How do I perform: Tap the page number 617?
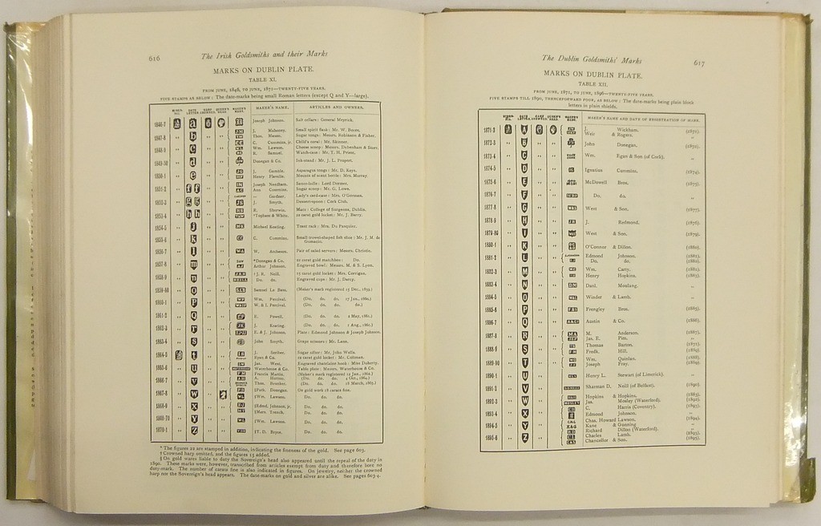(x=698, y=63)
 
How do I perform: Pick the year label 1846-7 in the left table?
(x=160, y=123)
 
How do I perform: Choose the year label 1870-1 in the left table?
(x=160, y=431)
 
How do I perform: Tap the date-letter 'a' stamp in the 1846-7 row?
(x=192, y=123)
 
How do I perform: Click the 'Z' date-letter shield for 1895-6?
(x=524, y=438)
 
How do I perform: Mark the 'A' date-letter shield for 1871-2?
(x=524, y=130)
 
